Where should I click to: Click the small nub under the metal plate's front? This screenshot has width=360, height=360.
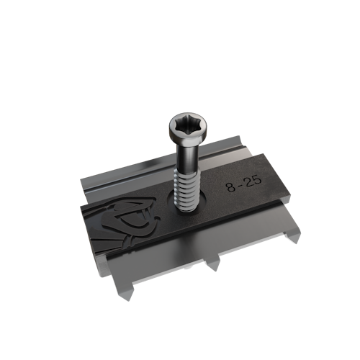pyautogui.click(x=189, y=266)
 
